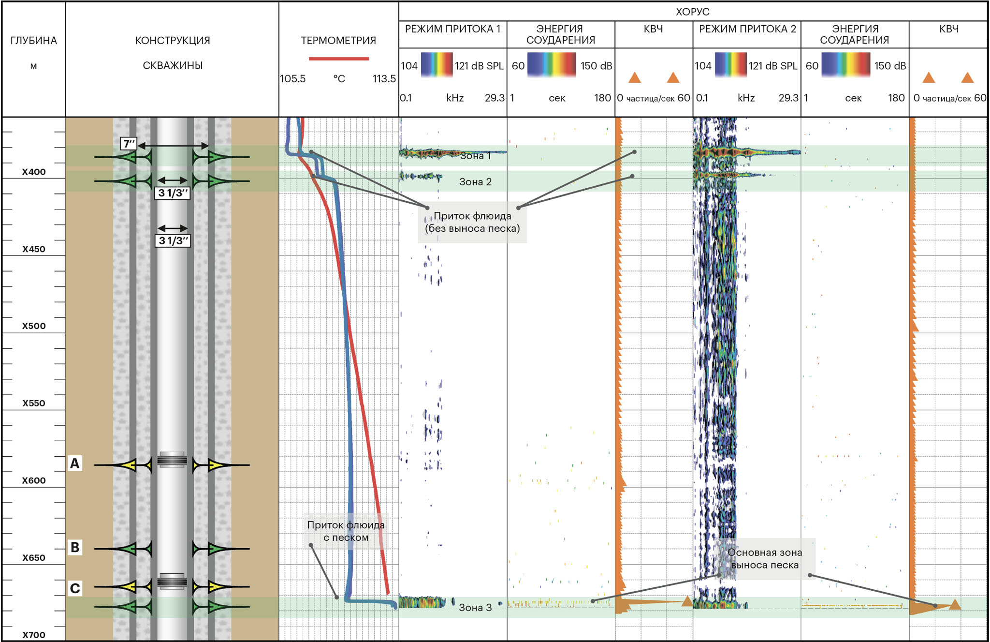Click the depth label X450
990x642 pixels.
pos(34,249)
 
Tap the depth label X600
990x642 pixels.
pos(34,480)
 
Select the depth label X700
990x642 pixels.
pos(34,635)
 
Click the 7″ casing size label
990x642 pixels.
pos(129,144)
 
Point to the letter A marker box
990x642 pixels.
pos(74,463)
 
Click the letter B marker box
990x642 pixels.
pos(75,547)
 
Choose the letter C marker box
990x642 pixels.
pos(75,588)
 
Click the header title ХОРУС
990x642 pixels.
pos(692,12)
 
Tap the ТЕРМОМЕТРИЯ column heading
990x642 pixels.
pos(338,41)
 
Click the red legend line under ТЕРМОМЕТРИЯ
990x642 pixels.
pos(338,59)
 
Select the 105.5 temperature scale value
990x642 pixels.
pos(292,79)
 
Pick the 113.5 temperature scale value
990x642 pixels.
pos(384,79)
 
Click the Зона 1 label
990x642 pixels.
pos(475,156)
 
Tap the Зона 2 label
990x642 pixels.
pos(475,182)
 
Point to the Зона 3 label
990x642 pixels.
pos(475,608)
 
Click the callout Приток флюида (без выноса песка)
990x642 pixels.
pos(472,222)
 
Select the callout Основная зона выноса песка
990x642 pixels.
pos(764,559)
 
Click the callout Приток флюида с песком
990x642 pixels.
pos(346,531)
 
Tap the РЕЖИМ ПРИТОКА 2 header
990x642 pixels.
pos(747,29)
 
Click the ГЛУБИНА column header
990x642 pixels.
pos(34,41)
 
